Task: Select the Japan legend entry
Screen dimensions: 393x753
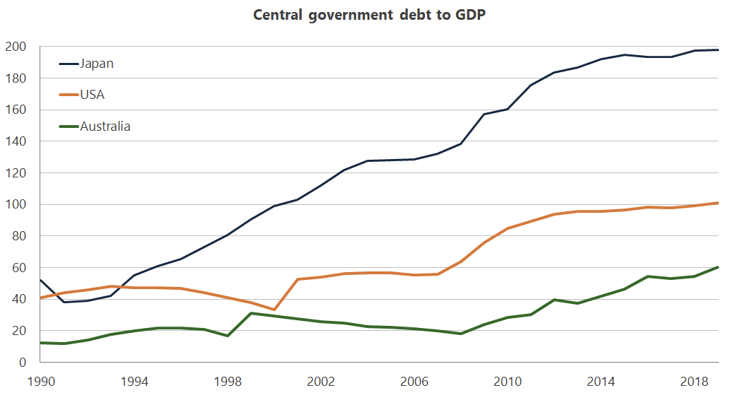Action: (97, 64)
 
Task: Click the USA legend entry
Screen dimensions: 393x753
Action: (93, 95)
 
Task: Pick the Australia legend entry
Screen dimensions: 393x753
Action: (105, 127)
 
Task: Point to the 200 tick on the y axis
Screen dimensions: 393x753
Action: (16, 47)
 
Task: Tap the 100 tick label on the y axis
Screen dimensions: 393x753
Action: (16, 205)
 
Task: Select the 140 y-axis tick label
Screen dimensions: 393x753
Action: (16, 142)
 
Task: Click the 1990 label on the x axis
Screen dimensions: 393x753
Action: (41, 382)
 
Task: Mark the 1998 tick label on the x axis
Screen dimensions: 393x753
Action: (228, 382)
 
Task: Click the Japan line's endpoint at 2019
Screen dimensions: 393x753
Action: (718, 50)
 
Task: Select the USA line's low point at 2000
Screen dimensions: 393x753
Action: (274, 310)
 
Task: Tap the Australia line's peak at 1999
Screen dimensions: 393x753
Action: (251, 313)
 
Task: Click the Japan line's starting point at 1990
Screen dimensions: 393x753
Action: (41, 280)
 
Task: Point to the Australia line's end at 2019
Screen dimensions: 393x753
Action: (718, 267)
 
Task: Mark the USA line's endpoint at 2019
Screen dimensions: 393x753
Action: (718, 203)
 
